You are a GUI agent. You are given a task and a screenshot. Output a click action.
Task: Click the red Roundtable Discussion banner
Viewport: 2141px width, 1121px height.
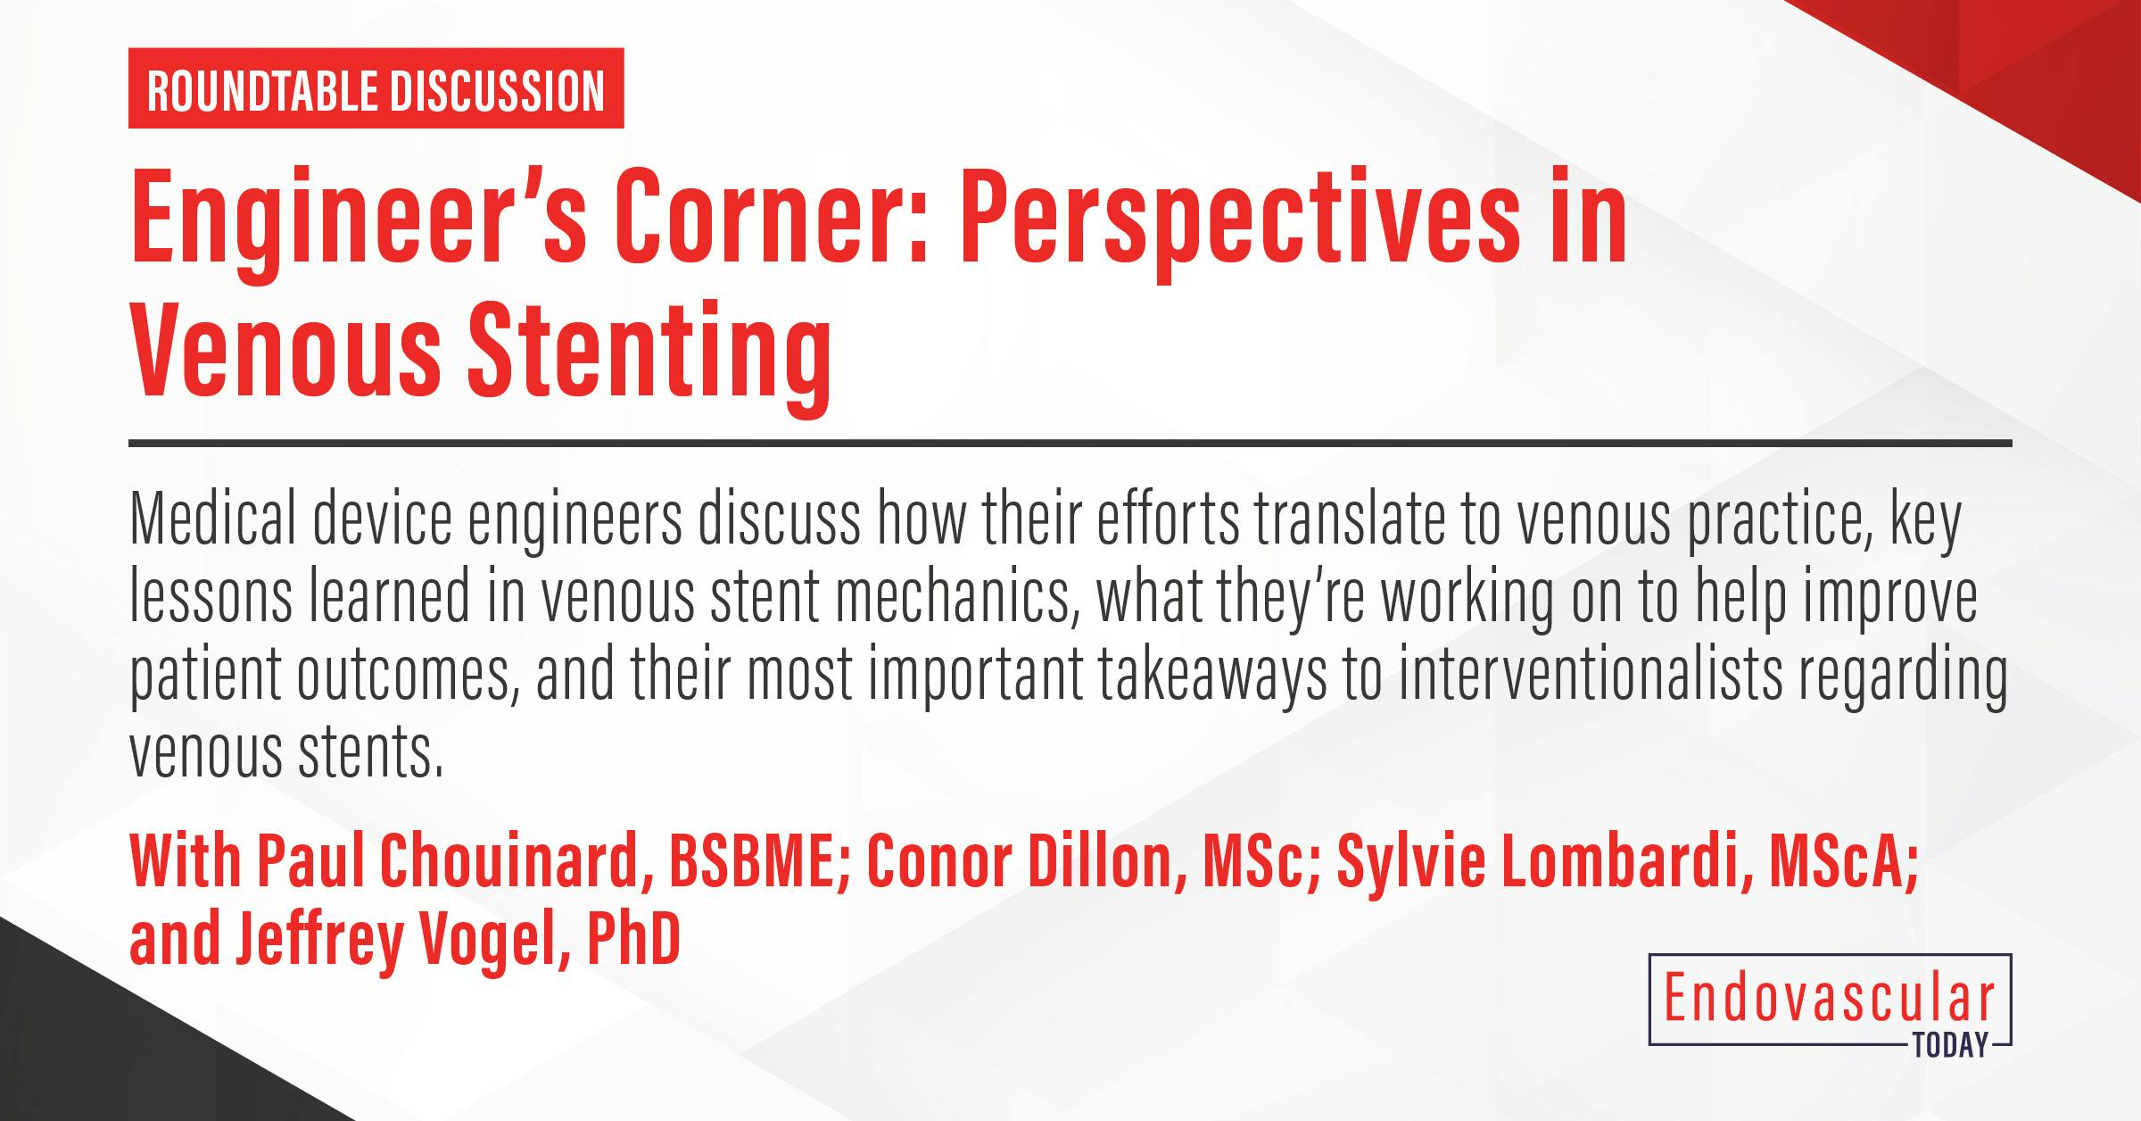tap(376, 88)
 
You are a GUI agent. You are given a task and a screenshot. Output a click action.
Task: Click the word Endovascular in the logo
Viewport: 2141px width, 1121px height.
tap(1829, 1001)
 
